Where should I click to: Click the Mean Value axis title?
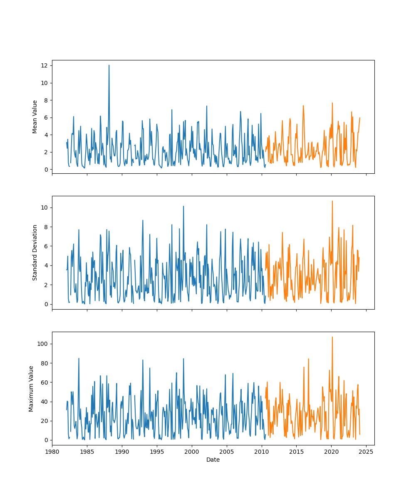pyautogui.click(x=35, y=117)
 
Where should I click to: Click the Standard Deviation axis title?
pyautogui.click(x=35, y=252)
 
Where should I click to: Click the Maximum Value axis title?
pyautogui.click(x=31, y=388)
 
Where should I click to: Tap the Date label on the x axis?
pyautogui.click(x=213, y=460)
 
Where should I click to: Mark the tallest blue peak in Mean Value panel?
pyautogui.click(x=109, y=65)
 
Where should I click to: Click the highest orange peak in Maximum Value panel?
pyautogui.click(x=332, y=337)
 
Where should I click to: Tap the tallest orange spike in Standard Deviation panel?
pyautogui.click(x=332, y=201)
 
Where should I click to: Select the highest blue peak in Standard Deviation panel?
pyautogui.click(x=183, y=206)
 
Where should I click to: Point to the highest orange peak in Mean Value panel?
pyautogui.click(x=332, y=103)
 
